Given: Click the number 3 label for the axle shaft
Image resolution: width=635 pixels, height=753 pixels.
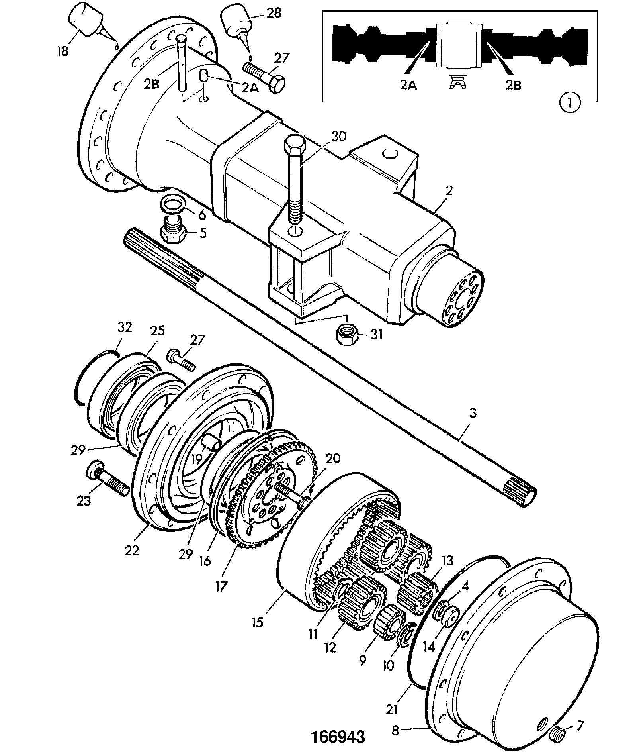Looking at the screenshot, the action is click(x=473, y=414).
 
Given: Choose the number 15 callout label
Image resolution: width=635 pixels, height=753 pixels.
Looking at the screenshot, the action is click(x=258, y=621).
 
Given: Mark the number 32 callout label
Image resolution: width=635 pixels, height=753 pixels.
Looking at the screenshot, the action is click(x=124, y=327).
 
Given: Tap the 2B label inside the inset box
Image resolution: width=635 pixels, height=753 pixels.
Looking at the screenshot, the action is click(x=513, y=85).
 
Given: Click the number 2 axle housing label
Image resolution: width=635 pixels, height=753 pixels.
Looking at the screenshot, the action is click(x=449, y=190).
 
